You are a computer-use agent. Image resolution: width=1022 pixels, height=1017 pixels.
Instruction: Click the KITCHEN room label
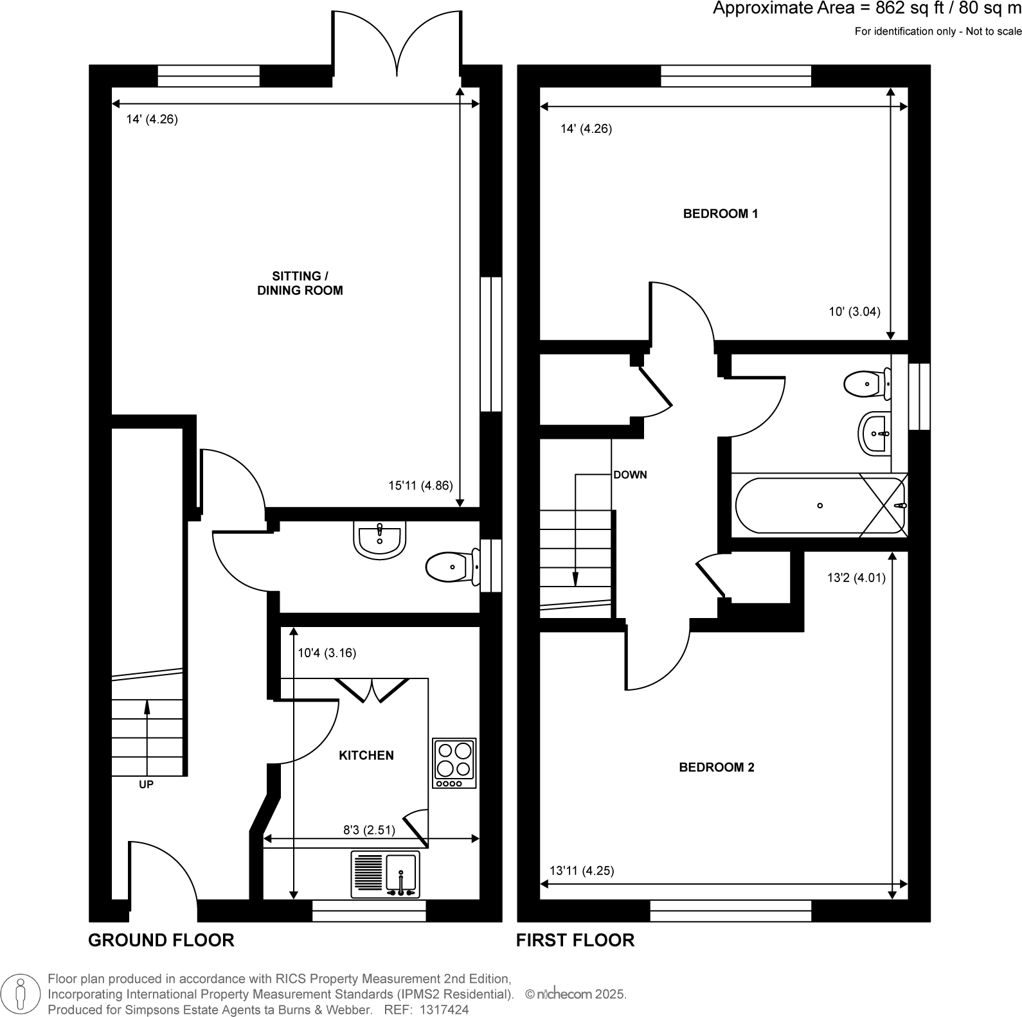pyautogui.click(x=366, y=756)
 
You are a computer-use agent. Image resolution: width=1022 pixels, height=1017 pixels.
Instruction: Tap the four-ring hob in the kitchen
pyautogui.click(x=455, y=763)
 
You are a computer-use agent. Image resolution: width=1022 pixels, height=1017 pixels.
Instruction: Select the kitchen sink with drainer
pyautogui.click(x=385, y=874)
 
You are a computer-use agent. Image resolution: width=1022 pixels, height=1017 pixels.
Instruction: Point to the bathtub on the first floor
pyautogui.click(x=820, y=506)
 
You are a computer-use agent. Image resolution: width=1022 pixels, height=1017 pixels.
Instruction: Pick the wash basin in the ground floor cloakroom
pyautogui.click(x=379, y=538)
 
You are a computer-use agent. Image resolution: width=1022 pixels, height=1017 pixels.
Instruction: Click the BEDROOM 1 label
pyautogui.click(x=720, y=214)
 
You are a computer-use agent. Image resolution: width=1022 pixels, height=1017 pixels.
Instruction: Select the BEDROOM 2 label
pyautogui.click(x=716, y=767)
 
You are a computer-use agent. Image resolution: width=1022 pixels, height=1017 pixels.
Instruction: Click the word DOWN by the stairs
pyautogui.click(x=630, y=475)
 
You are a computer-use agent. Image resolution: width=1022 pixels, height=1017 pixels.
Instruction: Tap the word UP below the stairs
pyautogui.click(x=146, y=784)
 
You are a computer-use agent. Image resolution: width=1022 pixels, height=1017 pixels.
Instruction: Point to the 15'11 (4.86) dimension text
pyautogui.click(x=420, y=486)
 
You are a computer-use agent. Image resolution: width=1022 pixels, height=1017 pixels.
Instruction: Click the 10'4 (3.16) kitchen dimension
pyautogui.click(x=327, y=653)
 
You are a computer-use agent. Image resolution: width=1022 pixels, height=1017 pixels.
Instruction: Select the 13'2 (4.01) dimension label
pyautogui.click(x=856, y=578)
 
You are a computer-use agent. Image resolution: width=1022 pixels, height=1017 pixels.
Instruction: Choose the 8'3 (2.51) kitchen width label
pyautogui.click(x=369, y=830)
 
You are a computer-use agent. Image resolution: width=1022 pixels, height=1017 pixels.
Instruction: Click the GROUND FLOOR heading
pyautogui.click(x=161, y=941)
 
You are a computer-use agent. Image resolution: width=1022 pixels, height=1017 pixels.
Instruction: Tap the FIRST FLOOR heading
pyautogui.click(x=575, y=941)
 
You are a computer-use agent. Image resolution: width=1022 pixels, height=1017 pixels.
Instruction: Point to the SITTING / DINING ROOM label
pyautogui.click(x=300, y=283)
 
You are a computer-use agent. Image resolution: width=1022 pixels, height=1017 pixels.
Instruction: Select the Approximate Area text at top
pyautogui.click(x=866, y=9)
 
